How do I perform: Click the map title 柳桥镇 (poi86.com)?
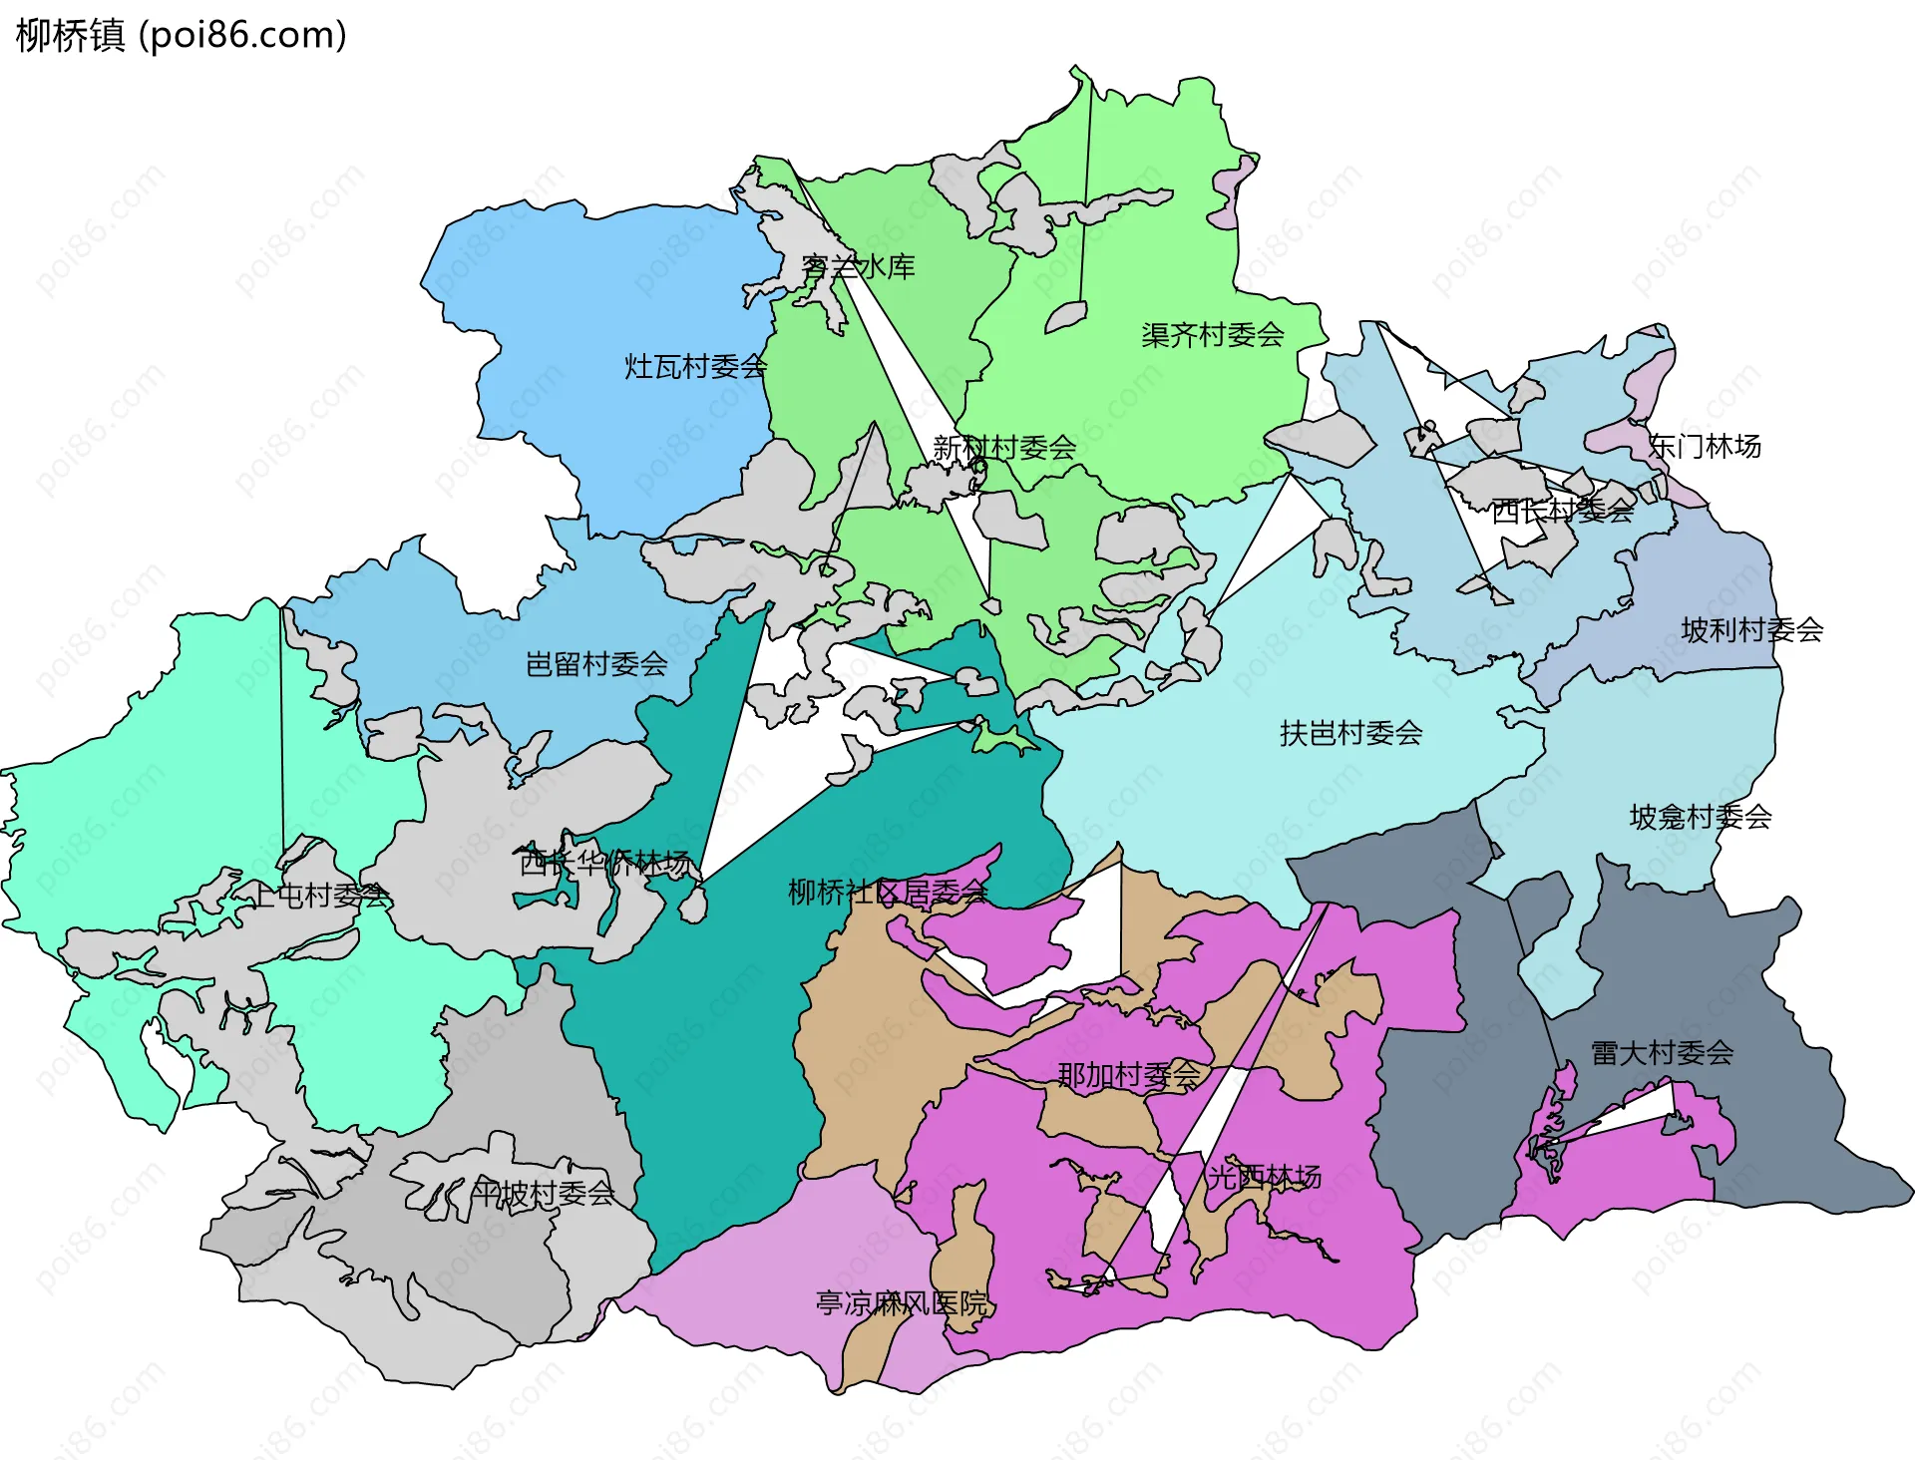pyautogui.click(x=182, y=35)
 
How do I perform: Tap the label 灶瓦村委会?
pyautogui.click(x=695, y=367)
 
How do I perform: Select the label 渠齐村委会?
pyautogui.click(x=1212, y=335)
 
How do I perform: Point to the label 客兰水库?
pyautogui.click(x=858, y=267)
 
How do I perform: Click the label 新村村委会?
pyautogui.click(x=1003, y=448)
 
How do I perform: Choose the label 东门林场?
pyautogui.click(x=1704, y=446)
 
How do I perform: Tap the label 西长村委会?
pyautogui.click(x=1562, y=511)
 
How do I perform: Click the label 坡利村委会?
pyautogui.click(x=1751, y=630)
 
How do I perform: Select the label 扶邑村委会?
pyautogui.click(x=1350, y=734)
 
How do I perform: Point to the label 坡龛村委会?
pyautogui.click(x=1700, y=818)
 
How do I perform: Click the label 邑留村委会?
pyautogui.click(x=596, y=664)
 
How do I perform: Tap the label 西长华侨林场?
pyautogui.click(x=604, y=863)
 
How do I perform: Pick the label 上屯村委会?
pyautogui.click(x=319, y=896)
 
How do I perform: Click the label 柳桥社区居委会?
pyautogui.click(x=888, y=892)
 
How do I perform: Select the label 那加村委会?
pyautogui.click(x=1128, y=1076)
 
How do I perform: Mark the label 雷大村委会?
pyautogui.click(x=1662, y=1053)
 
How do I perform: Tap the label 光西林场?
pyautogui.click(x=1264, y=1177)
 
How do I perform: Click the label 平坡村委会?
pyautogui.click(x=543, y=1194)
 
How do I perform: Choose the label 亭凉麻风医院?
pyautogui.click(x=901, y=1303)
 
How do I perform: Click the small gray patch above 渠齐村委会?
pyautogui.click(x=1065, y=318)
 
